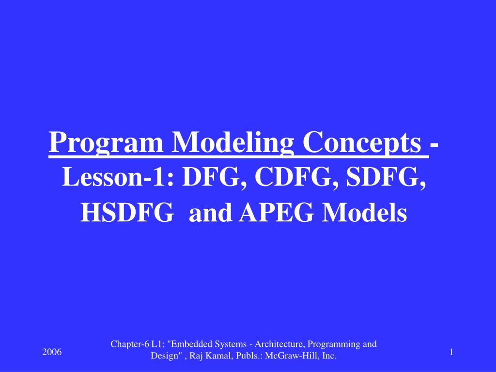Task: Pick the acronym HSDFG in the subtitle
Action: pyautogui.click(x=126, y=213)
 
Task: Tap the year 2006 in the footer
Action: pyautogui.click(x=52, y=352)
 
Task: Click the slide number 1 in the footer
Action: pyautogui.click(x=451, y=352)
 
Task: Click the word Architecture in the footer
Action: pyautogui.click(x=274, y=344)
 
